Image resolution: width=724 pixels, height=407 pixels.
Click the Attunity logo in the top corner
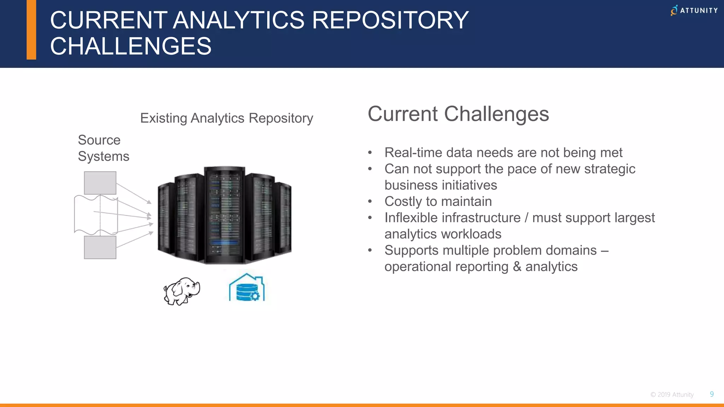(x=694, y=10)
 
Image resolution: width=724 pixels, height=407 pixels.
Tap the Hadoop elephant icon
(x=182, y=291)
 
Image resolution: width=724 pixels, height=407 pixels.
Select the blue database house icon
(x=247, y=288)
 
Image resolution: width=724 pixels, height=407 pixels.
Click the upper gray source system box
(x=100, y=183)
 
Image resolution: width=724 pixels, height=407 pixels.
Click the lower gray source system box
(x=100, y=247)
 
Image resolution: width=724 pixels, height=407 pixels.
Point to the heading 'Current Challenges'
(x=458, y=114)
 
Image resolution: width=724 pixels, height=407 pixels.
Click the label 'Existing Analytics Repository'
(x=227, y=118)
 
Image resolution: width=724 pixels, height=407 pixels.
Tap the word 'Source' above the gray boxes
(x=99, y=140)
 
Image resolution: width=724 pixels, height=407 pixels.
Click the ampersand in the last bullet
(x=517, y=266)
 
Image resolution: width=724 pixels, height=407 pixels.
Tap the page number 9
(x=712, y=394)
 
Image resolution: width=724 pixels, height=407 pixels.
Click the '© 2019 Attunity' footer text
(x=672, y=395)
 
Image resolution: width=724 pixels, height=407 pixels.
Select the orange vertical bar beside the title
(x=31, y=30)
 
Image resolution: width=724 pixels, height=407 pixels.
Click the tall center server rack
(x=224, y=215)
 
